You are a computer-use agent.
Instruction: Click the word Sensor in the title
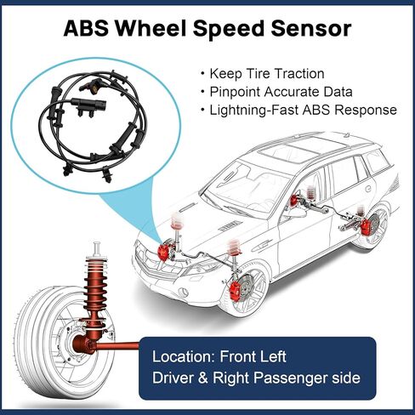311,28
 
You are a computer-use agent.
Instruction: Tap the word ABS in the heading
86,28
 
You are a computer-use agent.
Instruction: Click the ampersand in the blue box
203,378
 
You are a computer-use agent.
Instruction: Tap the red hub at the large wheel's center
83,344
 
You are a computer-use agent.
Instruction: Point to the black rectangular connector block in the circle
88,104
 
